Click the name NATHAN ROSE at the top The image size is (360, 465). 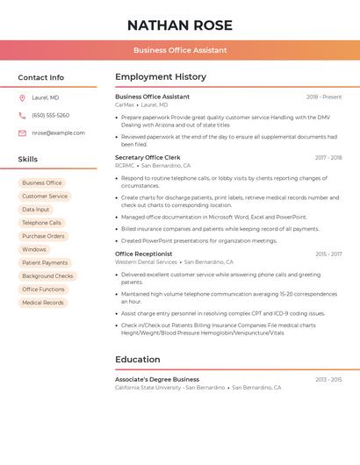pyautogui.click(x=179, y=25)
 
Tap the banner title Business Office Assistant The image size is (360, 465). pyautogui.click(x=180, y=50)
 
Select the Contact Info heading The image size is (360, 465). pyautogui.click(x=40, y=77)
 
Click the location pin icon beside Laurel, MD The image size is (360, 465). pyautogui.click(x=22, y=97)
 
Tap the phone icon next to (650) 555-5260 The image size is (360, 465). pyautogui.click(x=22, y=115)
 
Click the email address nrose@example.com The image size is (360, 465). pyautogui.click(x=58, y=133)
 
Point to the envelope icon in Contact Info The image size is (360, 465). pyautogui.click(x=22, y=133)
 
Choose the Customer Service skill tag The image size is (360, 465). pyautogui.click(x=45, y=197)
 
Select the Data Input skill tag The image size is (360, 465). pyautogui.click(x=36, y=210)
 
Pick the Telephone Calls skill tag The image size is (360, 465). pyautogui.click(x=42, y=223)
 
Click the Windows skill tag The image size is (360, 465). pyautogui.click(x=34, y=249)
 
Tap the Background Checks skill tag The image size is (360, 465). pyautogui.click(x=47, y=276)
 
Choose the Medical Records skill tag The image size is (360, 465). pyautogui.click(x=43, y=303)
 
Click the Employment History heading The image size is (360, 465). pyautogui.click(x=160, y=77)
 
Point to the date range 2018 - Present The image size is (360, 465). pyautogui.click(x=324, y=97)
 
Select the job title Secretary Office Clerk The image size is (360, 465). pyautogui.click(x=148, y=158)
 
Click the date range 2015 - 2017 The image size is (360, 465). pyautogui.click(x=328, y=254)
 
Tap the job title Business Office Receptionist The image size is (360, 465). pyautogui.click(x=143, y=254)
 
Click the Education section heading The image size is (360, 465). pyautogui.click(x=138, y=360)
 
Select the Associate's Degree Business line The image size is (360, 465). pyautogui.click(x=157, y=380)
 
